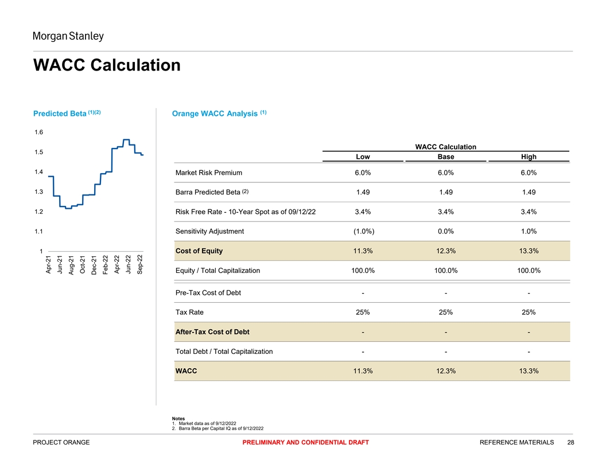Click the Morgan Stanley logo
[68, 37]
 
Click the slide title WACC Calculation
[107, 65]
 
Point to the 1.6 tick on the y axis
[39, 132]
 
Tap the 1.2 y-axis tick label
[39, 212]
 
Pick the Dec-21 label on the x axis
[94, 264]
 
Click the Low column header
[363, 157]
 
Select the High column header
[529, 157]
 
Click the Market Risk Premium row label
[209, 173]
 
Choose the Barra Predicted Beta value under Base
[446, 192]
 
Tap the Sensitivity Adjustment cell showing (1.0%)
[363, 231]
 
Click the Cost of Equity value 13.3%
[529, 251]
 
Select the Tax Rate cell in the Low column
[363, 313]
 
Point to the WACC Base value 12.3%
[446, 371]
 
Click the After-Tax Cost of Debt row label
[212, 332]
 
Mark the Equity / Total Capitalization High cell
[529, 270]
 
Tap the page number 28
[570, 442]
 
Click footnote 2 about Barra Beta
[221, 428]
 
